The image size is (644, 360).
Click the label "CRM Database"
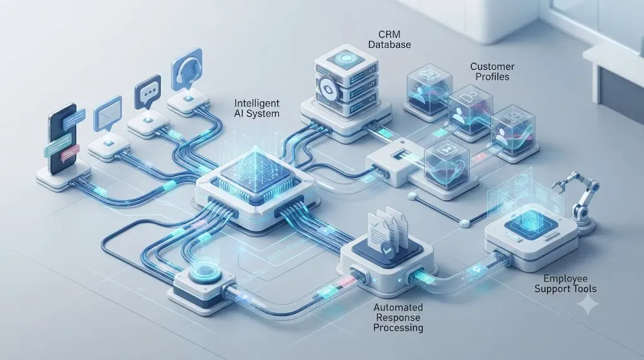(x=389, y=38)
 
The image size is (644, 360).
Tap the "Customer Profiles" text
(x=492, y=72)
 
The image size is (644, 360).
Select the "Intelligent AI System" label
(x=257, y=108)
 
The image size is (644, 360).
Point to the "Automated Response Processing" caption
(x=398, y=317)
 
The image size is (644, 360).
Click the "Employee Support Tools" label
(x=565, y=284)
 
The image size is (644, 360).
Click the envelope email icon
(x=108, y=114)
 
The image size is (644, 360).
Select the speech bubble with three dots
(x=147, y=92)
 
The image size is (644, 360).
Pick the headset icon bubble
(x=187, y=70)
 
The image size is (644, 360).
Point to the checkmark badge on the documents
(x=386, y=249)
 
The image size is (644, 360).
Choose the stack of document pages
(x=386, y=227)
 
